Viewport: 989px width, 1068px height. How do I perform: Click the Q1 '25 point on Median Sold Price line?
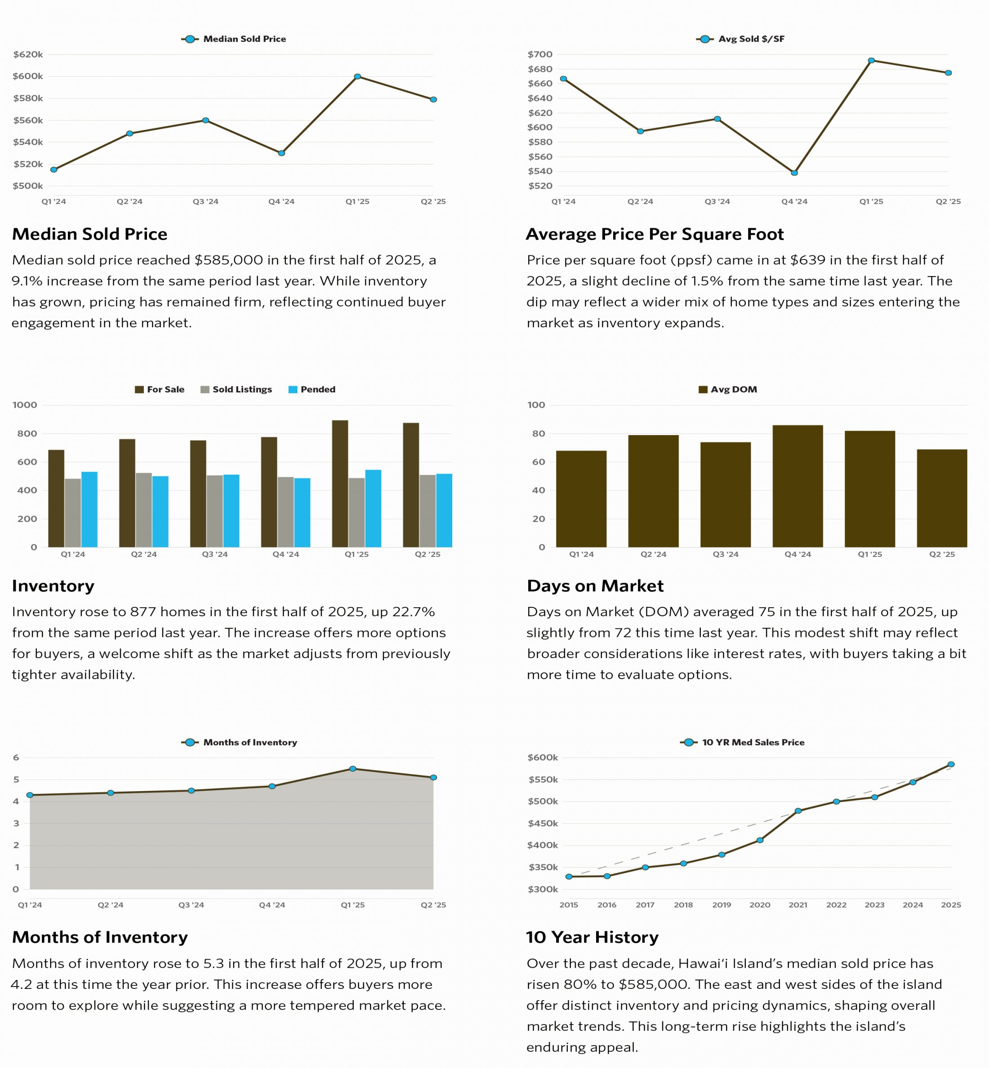tap(357, 76)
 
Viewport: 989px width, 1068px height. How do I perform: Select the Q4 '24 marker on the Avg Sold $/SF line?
tap(794, 173)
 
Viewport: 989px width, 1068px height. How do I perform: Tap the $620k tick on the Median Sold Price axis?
tap(28, 54)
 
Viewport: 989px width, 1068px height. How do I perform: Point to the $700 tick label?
tap(539, 54)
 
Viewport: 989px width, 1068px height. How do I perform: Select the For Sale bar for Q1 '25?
tap(340, 484)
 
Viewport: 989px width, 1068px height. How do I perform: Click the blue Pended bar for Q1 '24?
tap(89, 509)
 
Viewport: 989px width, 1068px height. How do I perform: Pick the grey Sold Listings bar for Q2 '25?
tap(427, 511)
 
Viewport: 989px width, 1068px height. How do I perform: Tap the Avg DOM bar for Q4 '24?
tap(797, 486)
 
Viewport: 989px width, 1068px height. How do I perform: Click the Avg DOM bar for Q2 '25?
tap(942, 498)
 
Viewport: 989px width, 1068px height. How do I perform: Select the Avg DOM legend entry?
tap(728, 390)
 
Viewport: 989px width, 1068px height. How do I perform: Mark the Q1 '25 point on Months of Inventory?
tap(353, 769)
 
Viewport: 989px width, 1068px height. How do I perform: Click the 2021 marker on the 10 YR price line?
tap(798, 811)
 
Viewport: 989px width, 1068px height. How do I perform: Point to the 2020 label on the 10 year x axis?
tap(759, 905)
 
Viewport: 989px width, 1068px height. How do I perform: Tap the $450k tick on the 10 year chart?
tap(543, 823)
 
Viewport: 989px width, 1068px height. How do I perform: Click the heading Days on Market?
tap(595, 586)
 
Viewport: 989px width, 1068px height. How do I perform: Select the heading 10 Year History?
tap(592, 938)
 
